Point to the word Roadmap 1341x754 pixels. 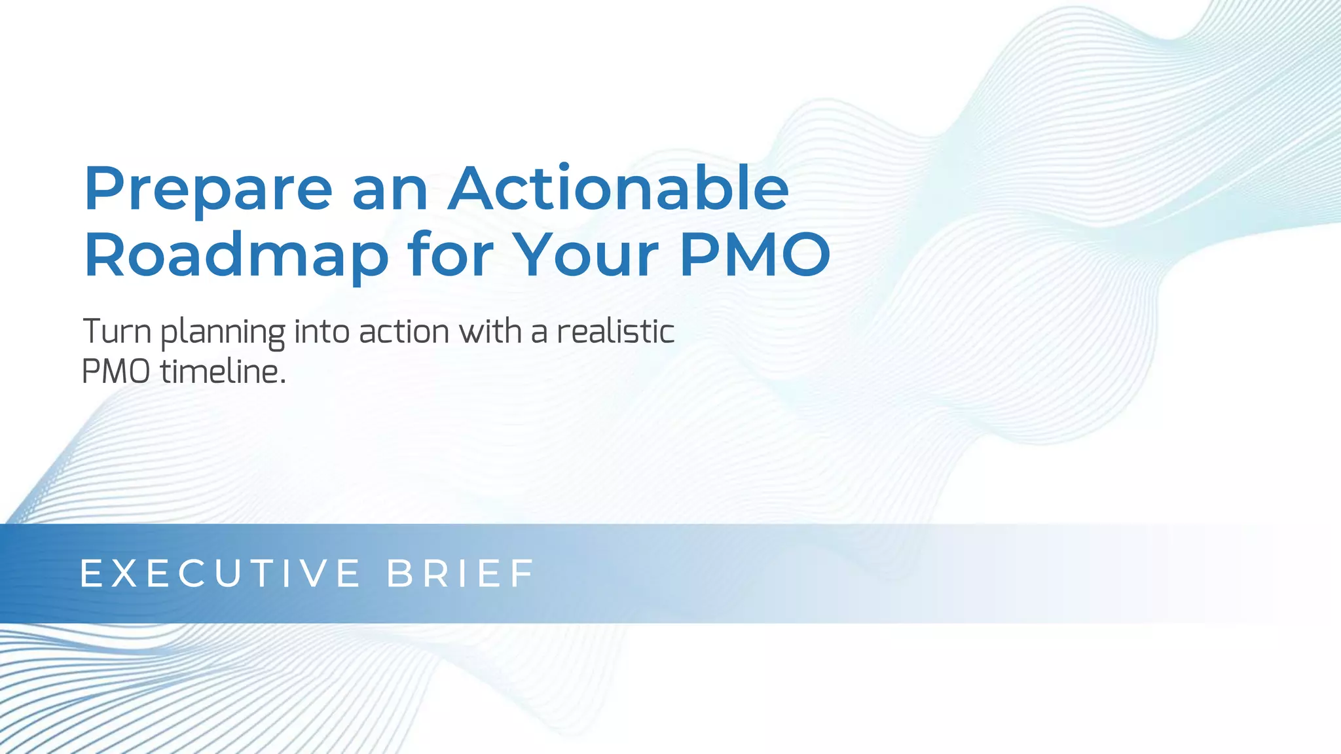click(236, 256)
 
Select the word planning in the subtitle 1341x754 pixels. click(223, 332)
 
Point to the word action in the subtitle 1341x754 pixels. click(404, 331)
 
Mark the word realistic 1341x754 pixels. click(615, 331)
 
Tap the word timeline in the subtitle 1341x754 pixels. click(219, 372)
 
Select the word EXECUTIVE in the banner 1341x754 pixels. click(220, 573)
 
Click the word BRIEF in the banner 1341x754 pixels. click(461, 573)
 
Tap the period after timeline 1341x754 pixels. click(283, 382)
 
